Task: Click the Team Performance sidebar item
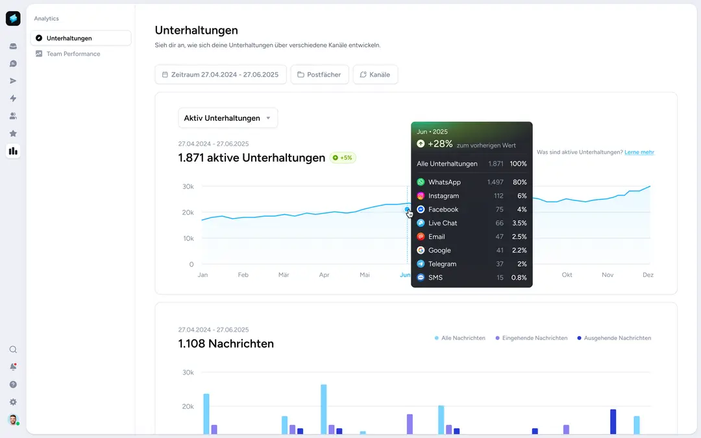click(73, 54)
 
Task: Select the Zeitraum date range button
click(221, 75)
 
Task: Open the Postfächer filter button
click(320, 75)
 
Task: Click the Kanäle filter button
click(375, 75)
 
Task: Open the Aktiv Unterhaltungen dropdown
click(228, 118)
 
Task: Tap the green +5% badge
click(343, 158)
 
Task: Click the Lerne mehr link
click(639, 152)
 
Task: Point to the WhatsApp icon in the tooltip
click(421, 182)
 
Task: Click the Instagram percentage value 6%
click(522, 196)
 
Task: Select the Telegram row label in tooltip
click(442, 264)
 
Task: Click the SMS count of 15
click(500, 278)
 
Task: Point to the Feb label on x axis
click(243, 275)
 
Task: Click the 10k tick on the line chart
click(187, 239)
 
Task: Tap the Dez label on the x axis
click(648, 275)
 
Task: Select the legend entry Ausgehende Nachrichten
click(617, 338)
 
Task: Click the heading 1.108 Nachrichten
click(226, 344)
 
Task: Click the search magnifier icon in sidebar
click(13, 350)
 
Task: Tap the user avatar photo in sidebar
click(13, 419)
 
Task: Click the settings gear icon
click(13, 402)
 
